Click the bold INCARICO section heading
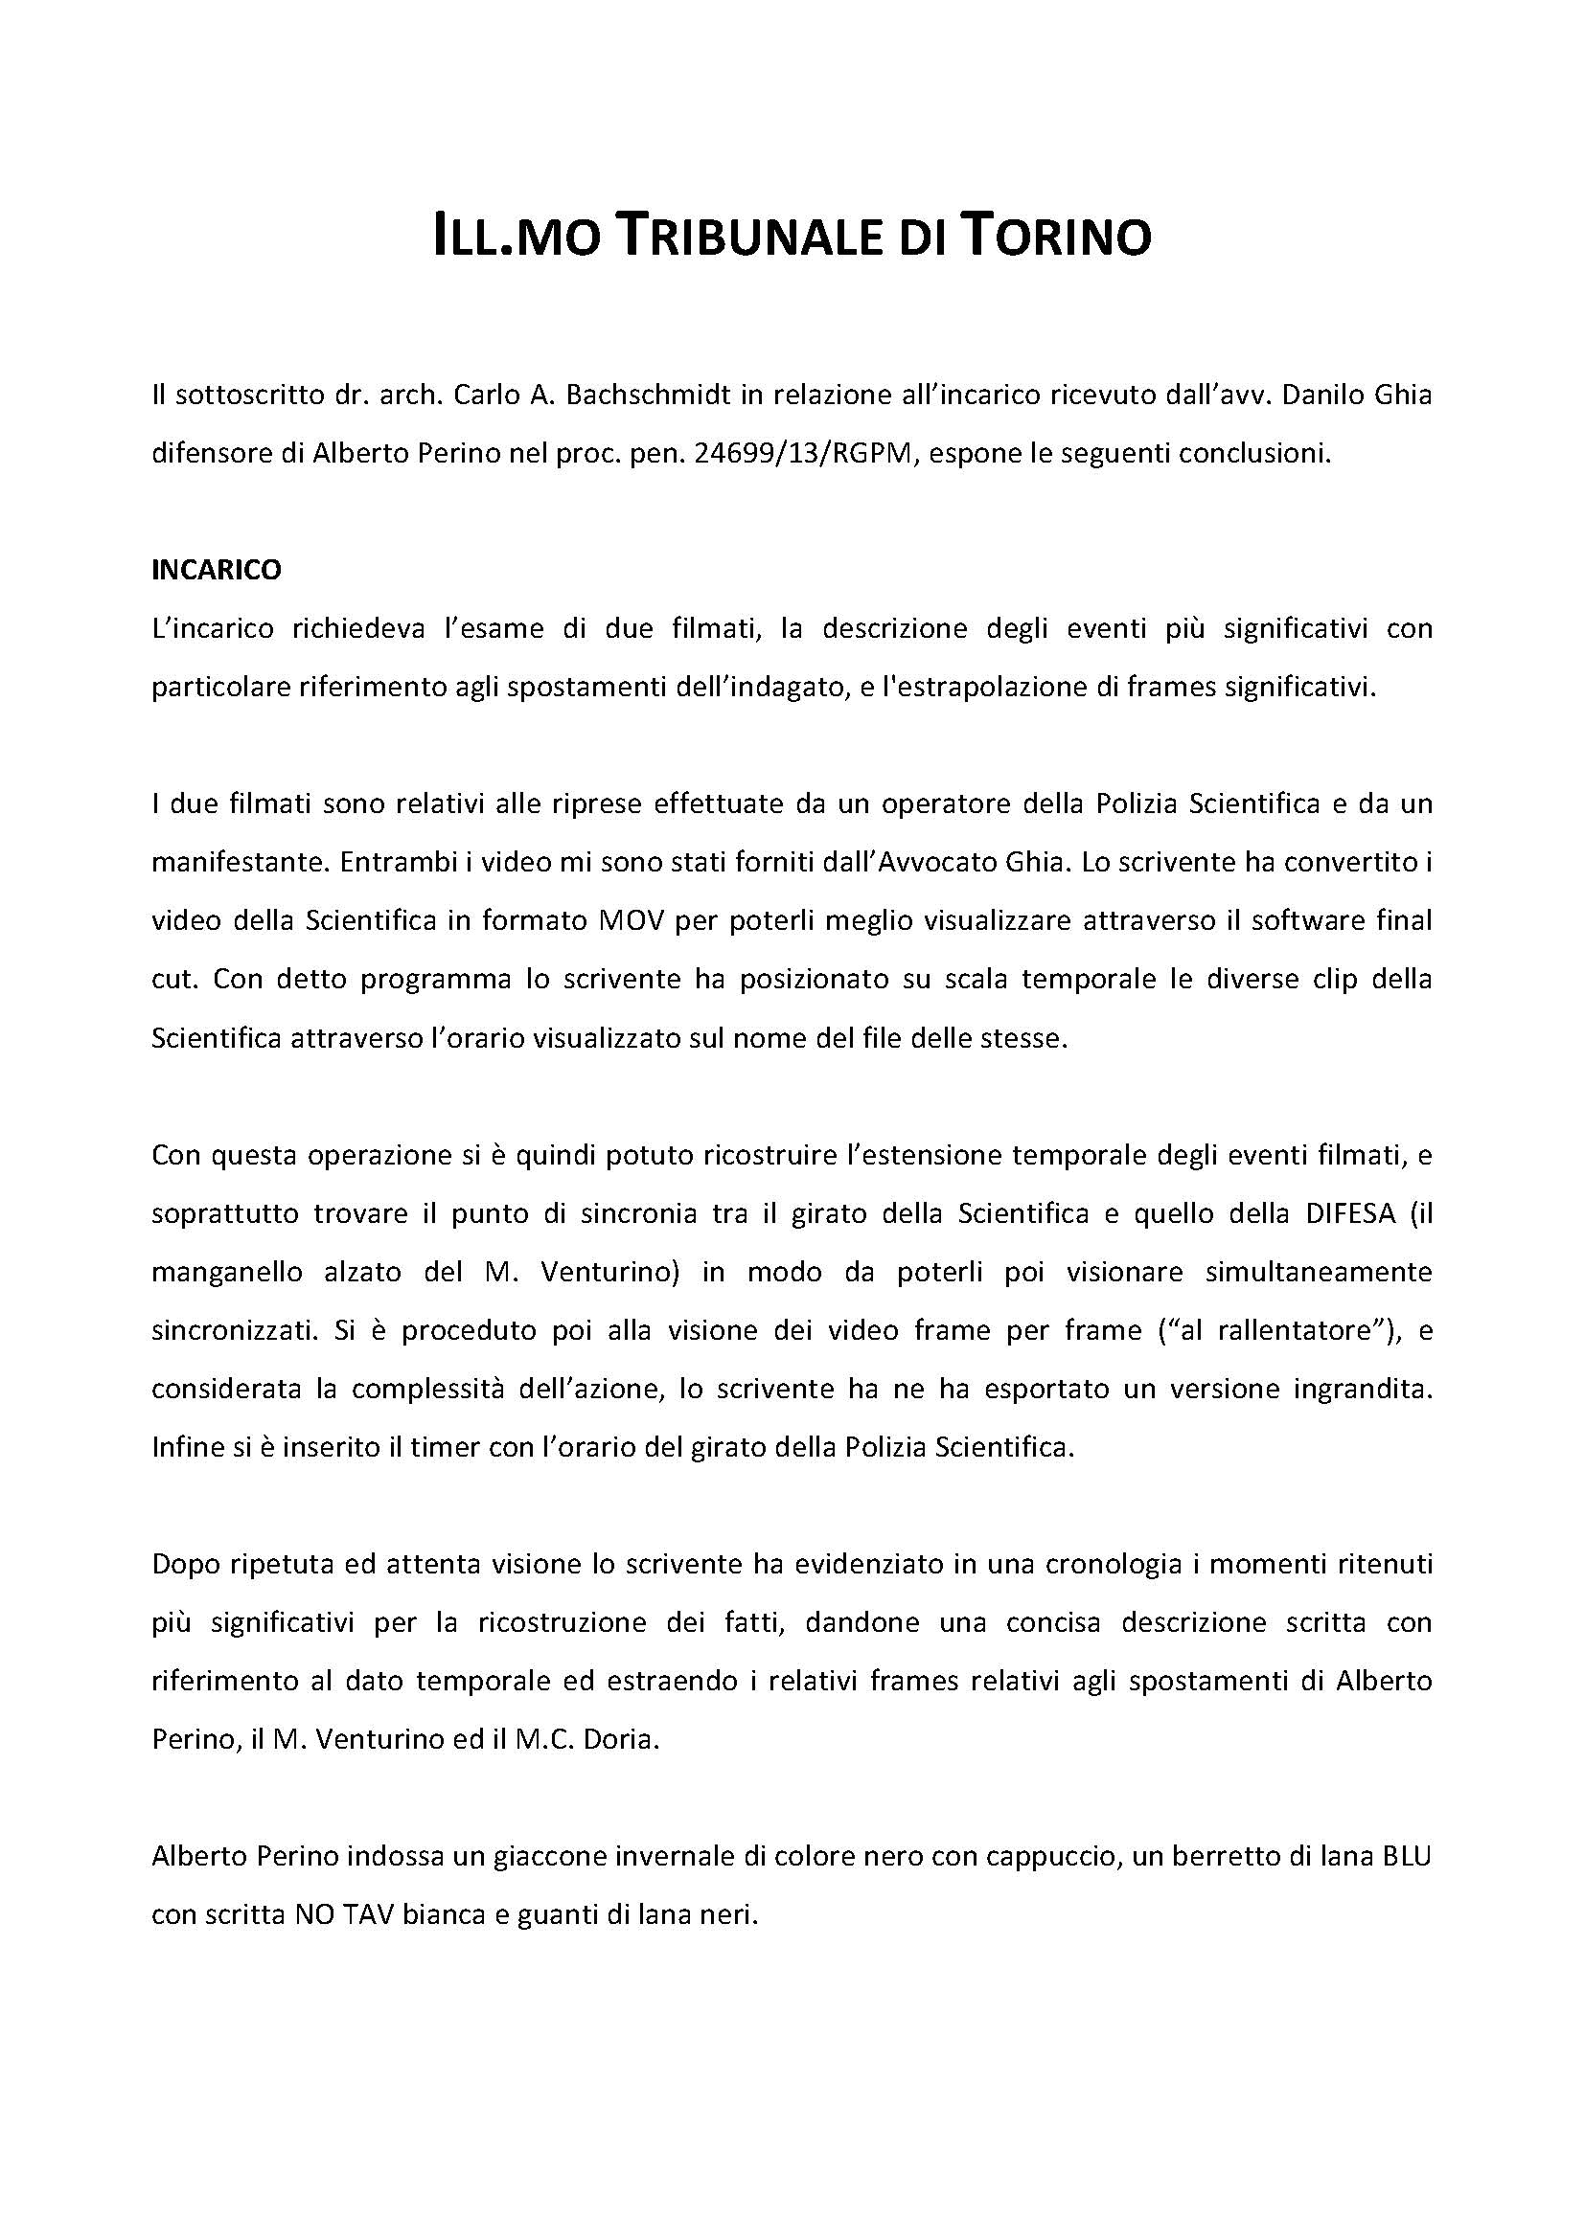point(217,570)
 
